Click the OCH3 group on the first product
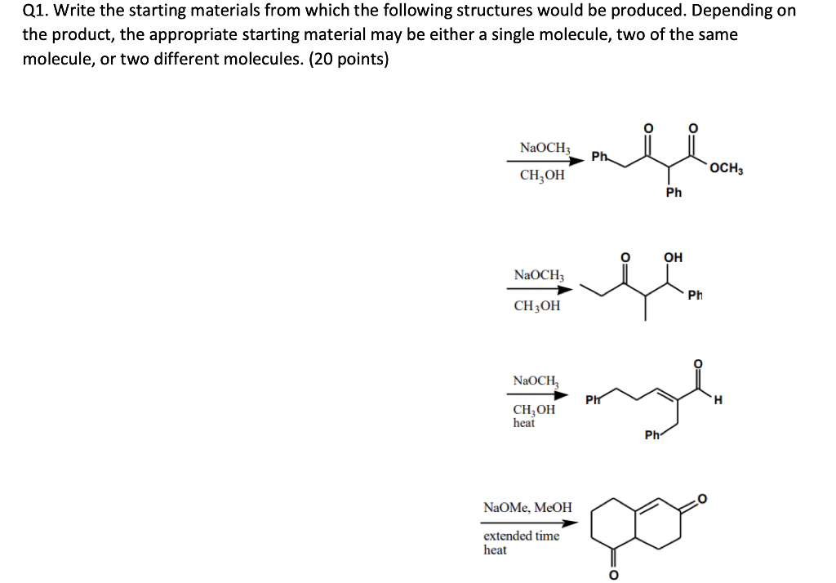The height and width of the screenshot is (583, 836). click(726, 169)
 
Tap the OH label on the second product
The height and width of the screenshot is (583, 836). click(673, 258)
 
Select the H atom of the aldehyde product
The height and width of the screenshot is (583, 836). click(717, 399)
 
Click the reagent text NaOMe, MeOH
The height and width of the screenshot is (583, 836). click(527, 507)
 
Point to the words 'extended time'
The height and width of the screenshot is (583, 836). click(521, 536)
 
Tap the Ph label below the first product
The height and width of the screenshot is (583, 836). click(674, 193)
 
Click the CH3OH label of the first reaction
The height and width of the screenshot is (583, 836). click(541, 175)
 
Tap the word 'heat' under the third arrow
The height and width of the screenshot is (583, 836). click(523, 422)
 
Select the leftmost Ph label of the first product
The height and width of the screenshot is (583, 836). click(598, 157)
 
